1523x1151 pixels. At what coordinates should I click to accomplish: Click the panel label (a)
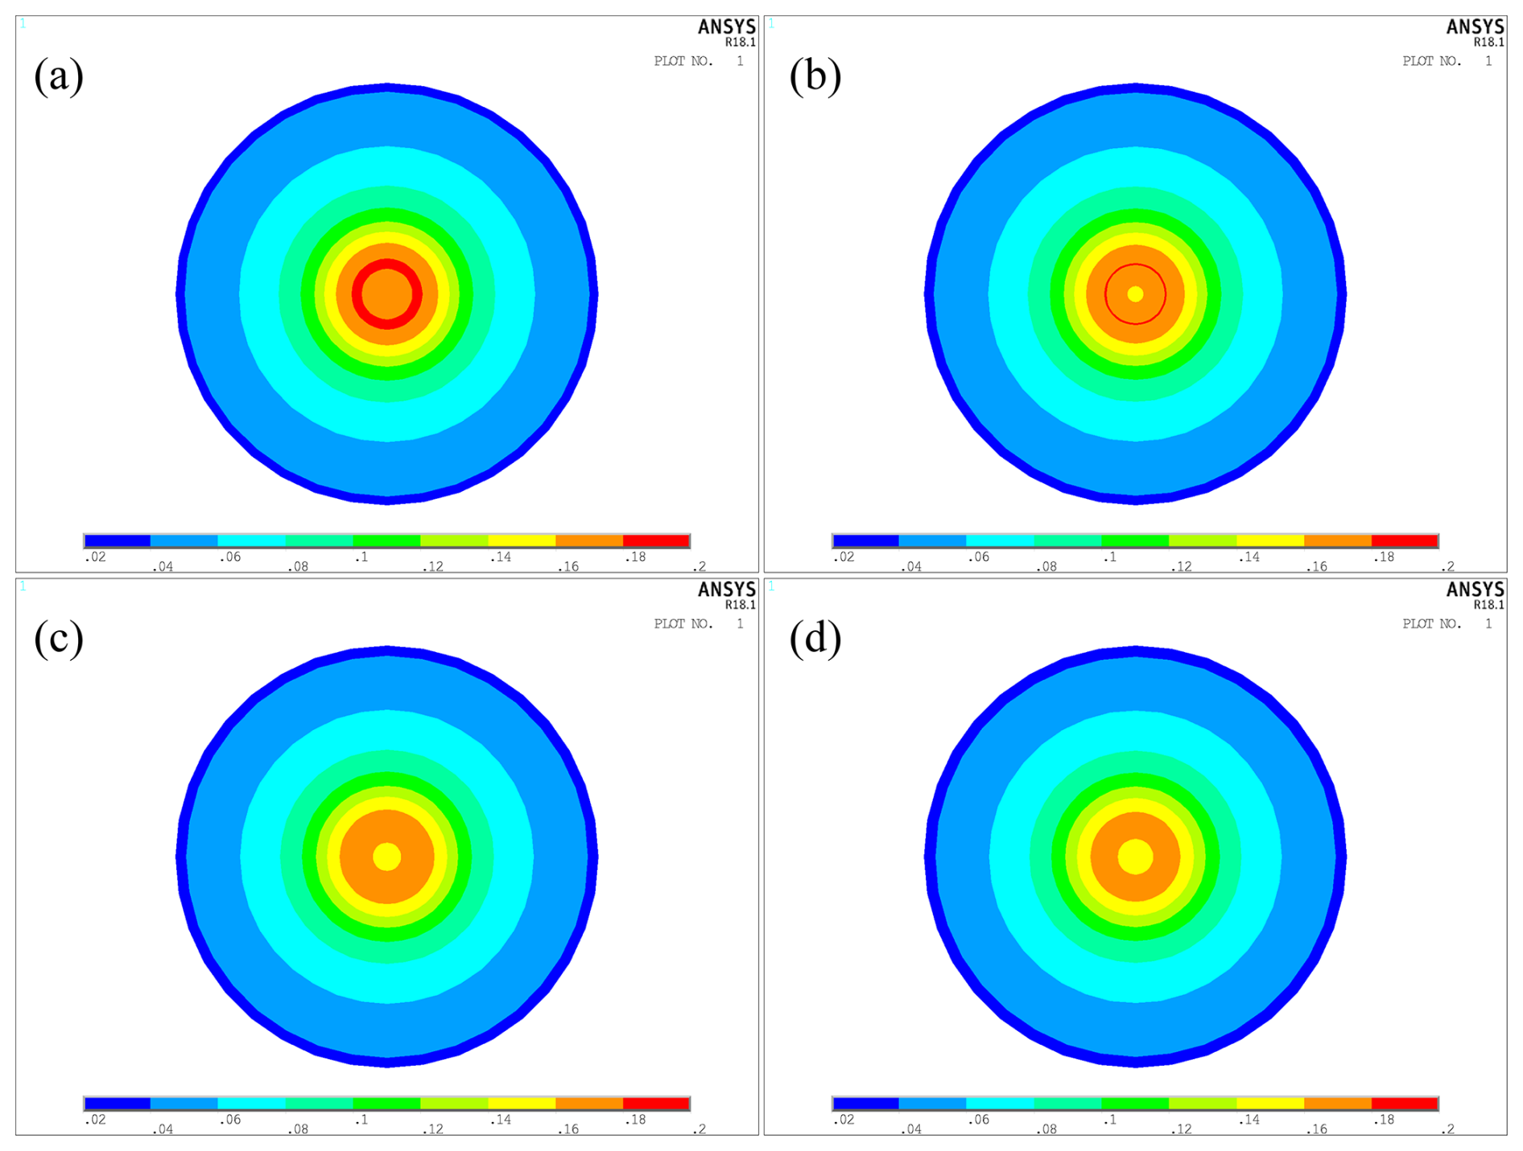point(59,76)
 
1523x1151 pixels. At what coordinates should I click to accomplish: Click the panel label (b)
point(815,76)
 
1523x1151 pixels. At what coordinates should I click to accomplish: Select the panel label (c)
point(59,639)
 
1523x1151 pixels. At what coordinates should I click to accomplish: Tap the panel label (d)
point(815,639)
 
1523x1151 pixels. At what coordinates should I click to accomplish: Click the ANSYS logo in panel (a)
point(727,27)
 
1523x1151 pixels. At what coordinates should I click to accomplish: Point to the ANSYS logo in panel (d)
point(1476,590)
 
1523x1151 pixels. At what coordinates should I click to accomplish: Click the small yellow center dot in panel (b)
point(1136,294)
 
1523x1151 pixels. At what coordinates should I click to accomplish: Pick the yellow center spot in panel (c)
point(387,856)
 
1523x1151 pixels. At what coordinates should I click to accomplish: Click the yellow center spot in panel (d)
point(1136,856)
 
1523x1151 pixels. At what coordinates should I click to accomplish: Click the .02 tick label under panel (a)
point(95,557)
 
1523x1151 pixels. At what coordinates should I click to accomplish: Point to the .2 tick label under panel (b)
point(1447,567)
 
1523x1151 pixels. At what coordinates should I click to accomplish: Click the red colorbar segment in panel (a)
point(656,541)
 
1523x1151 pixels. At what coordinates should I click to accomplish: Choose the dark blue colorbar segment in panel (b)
point(866,541)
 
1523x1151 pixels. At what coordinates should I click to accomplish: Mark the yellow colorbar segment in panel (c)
point(522,1104)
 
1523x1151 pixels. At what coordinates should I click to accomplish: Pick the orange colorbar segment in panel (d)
point(1338,1104)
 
